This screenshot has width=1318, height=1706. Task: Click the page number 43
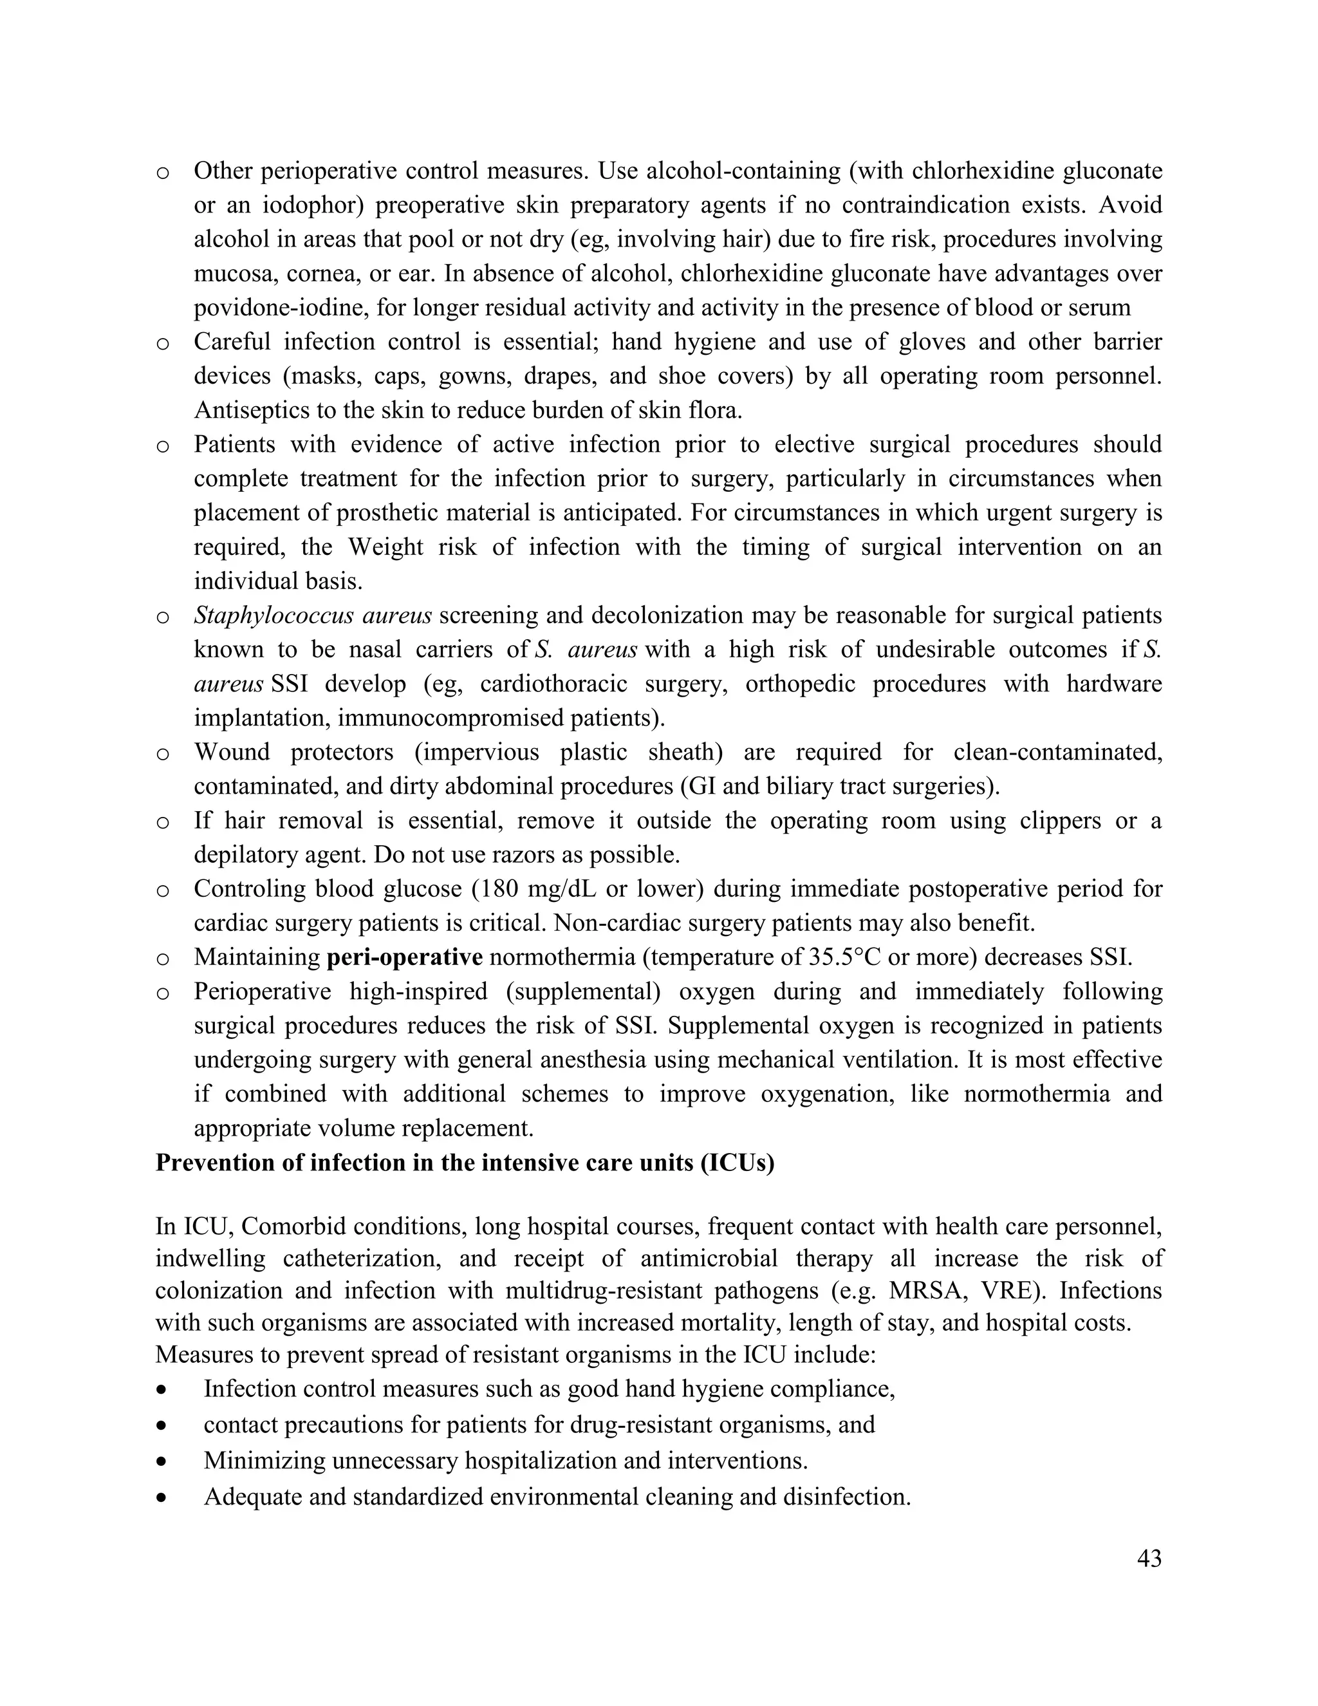[1149, 1579]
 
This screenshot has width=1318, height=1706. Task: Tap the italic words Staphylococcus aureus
[312, 615]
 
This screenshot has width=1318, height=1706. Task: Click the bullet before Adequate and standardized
[162, 1497]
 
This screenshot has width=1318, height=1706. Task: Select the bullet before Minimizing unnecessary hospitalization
[162, 1461]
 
